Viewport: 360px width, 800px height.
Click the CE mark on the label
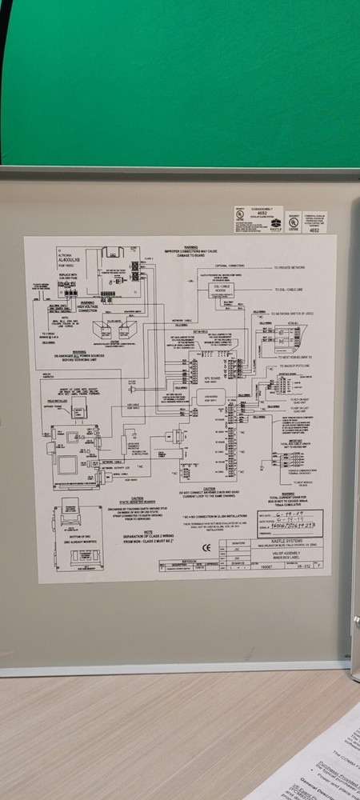(206, 548)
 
